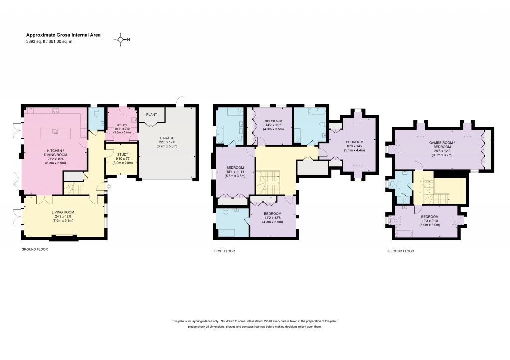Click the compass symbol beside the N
(120, 39)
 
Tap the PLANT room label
(151, 114)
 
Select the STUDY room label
(122, 154)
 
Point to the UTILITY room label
(122, 125)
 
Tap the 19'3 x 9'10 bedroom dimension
(429, 221)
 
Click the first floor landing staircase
(268, 182)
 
